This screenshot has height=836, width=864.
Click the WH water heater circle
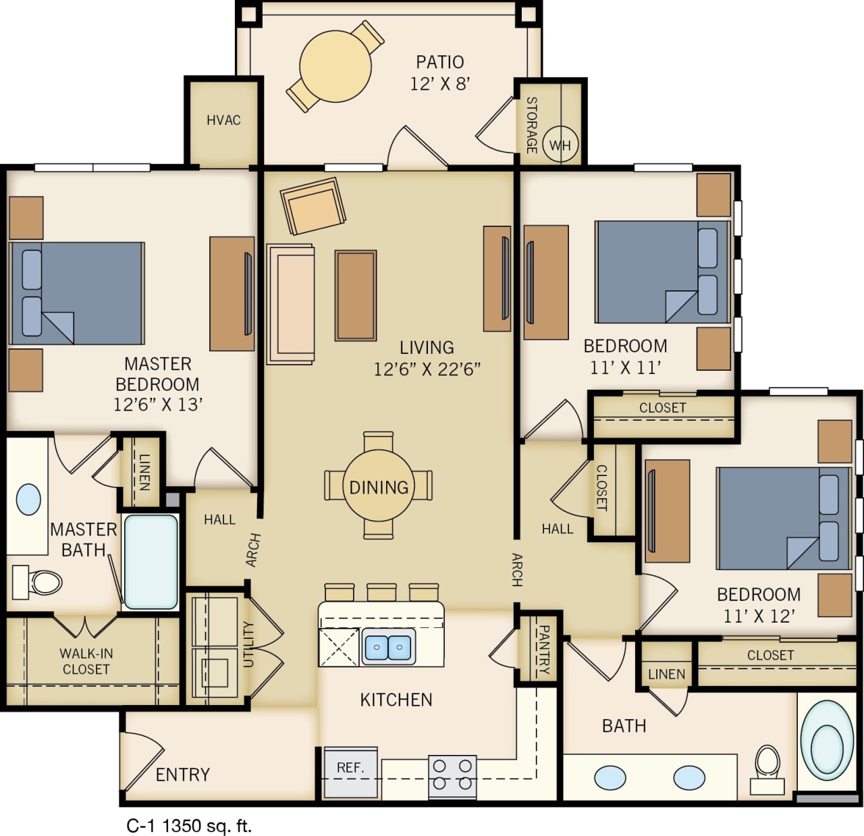(x=560, y=145)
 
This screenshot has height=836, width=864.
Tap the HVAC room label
(x=223, y=120)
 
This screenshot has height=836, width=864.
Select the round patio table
(x=335, y=66)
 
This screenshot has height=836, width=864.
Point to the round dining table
(x=379, y=486)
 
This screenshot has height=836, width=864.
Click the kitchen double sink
(x=388, y=647)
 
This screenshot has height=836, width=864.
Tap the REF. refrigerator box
(x=350, y=770)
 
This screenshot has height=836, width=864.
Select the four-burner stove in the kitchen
(x=452, y=775)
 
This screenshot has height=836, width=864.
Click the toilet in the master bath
(x=38, y=582)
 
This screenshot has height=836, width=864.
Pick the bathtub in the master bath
(x=151, y=561)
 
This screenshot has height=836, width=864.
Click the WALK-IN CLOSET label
(x=86, y=661)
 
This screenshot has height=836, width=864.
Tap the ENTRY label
(x=182, y=775)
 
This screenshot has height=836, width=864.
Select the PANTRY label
(x=543, y=650)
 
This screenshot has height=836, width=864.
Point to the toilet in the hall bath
(x=767, y=768)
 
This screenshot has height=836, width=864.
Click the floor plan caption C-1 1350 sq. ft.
(x=189, y=825)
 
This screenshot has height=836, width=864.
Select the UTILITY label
(x=248, y=644)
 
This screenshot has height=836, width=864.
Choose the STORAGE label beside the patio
(x=532, y=124)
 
